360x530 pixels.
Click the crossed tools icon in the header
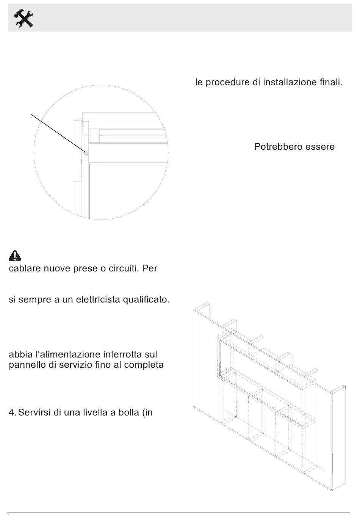(x=23, y=18)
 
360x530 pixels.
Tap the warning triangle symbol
(x=15, y=256)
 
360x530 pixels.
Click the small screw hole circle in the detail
(x=86, y=153)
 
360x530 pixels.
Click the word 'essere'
(x=320, y=147)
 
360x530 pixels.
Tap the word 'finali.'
(x=331, y=82)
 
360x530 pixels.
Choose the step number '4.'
(x=13, y=412)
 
